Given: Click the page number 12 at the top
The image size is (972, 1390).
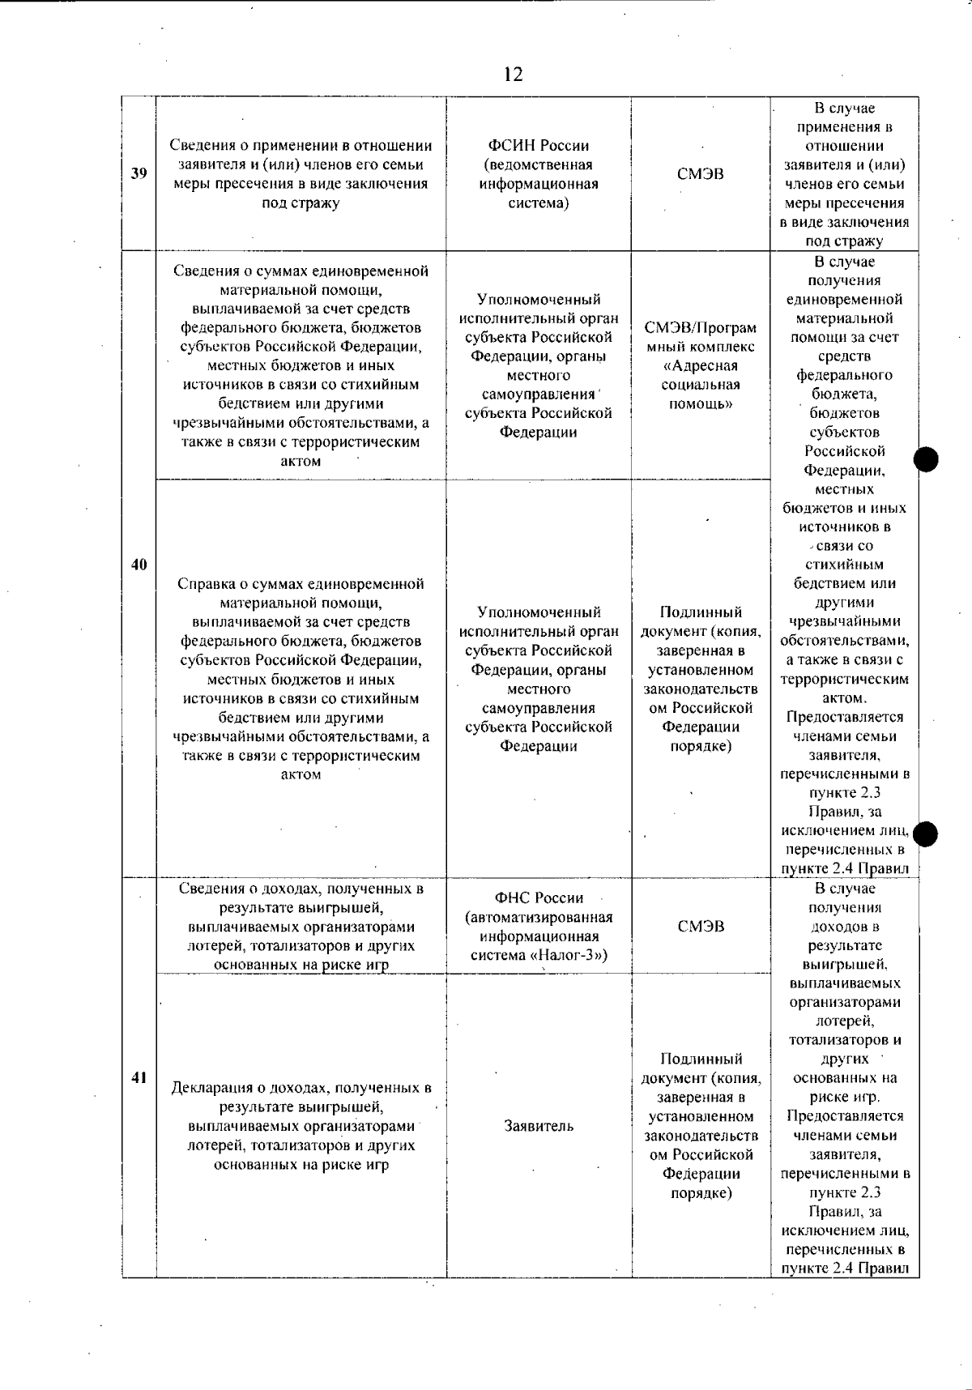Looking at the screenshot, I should pyautogui.click(x=513, y=75).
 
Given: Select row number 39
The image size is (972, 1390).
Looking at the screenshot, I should pyautogui.click(x=139, y=174).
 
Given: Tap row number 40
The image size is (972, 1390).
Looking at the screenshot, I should pyautogui.click(x=139, y=565).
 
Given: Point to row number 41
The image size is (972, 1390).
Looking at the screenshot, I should pyautogui.click(x=139, y=1077).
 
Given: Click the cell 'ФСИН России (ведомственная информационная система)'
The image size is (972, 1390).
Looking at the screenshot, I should pyautogui.click(x=539, y=174).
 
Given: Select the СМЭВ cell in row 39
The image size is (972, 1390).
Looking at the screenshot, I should pyautogui.click(x=701, y=174).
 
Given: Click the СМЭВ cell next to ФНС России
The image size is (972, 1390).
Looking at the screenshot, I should pyautogui.click(x=701, y=927).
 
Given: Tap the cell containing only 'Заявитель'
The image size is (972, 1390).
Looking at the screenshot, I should pyautogui.click(x=539, y=1126).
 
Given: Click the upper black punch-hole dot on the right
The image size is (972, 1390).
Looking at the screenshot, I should pyautogui.click(x=926, y=460).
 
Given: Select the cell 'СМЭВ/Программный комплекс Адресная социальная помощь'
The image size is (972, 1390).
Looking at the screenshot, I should pyautogui.click(x=701, y=365).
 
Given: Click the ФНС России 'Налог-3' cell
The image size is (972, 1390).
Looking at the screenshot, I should pyautogui.click(x=539, y=927).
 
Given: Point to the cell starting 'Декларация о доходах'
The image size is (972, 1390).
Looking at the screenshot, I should pyautogui.click(x=301, y=1126).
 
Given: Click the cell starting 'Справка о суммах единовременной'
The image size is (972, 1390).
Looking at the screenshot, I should pyautogui.click(x=301, y=679).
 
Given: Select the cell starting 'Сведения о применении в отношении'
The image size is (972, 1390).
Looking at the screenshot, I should pyautogui.click(x=301, y=174).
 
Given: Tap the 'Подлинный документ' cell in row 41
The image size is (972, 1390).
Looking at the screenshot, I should pyautogui.click(x=701, y=1126).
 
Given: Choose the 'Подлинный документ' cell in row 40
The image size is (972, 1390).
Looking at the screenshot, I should pyautogui.click(x=701, y=679).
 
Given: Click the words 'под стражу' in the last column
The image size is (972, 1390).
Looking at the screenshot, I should pyautogui.click(x=844, y=241).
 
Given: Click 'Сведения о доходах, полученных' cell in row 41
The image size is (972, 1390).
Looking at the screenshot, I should pyautogui.click(x=301, y=927).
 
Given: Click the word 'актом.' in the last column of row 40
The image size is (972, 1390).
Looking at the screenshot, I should pyautogui.click(x=844, y=698).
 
